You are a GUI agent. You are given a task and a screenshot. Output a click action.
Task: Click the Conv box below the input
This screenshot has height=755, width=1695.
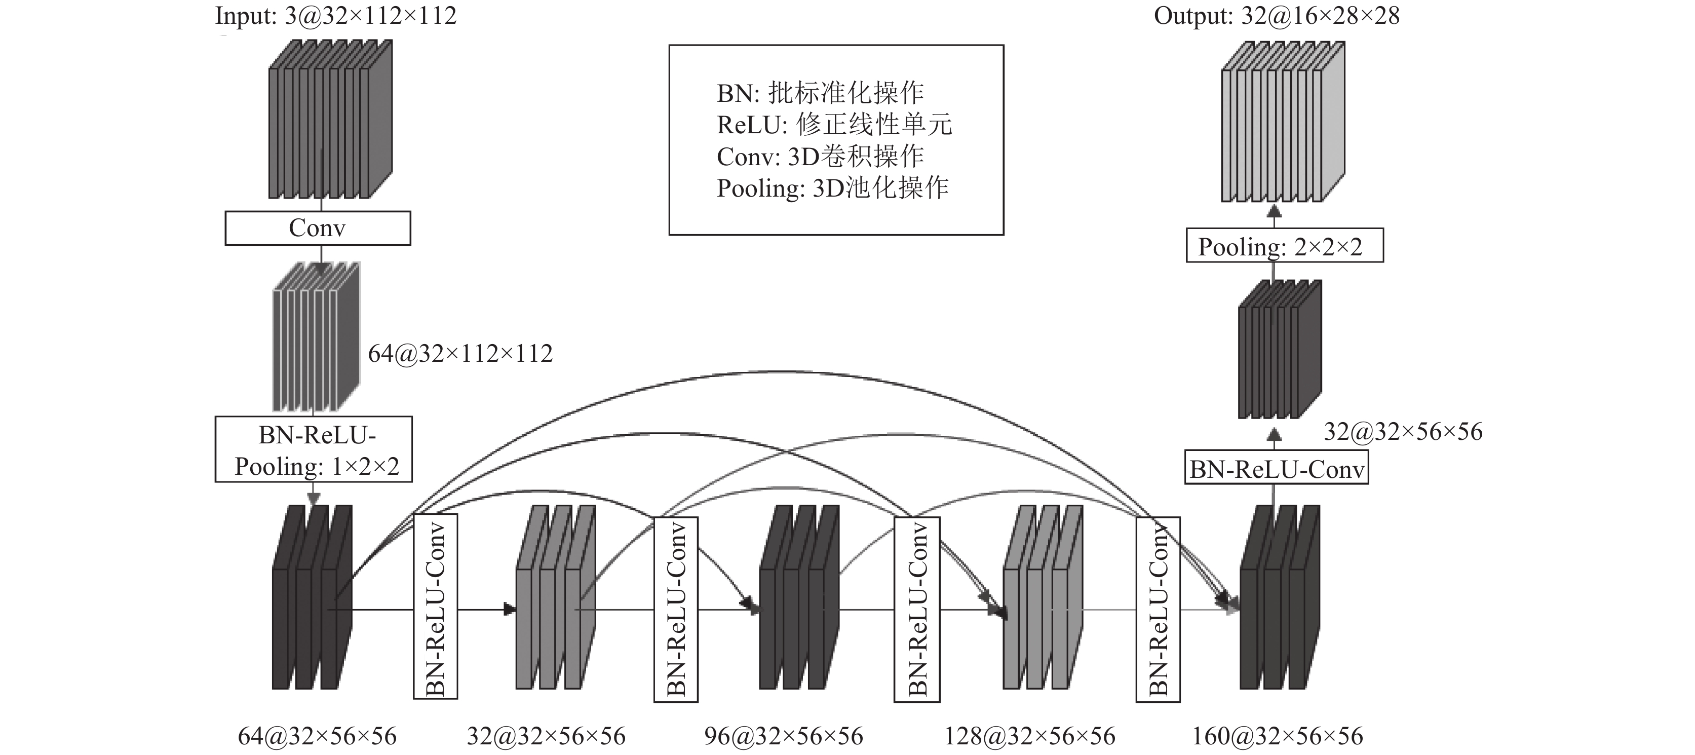click(318, 229)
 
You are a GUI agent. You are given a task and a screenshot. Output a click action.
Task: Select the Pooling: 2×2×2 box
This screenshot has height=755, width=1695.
click(1284, 246)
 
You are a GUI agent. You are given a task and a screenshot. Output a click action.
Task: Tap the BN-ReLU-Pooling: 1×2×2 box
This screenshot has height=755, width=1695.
click(314, 449)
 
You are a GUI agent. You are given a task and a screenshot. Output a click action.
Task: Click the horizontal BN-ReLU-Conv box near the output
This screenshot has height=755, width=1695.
click(1277, 467)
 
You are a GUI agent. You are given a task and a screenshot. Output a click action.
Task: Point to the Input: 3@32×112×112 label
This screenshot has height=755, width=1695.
click(335, 15)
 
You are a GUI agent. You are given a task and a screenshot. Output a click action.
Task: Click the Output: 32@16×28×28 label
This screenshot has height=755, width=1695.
click(1277, 15)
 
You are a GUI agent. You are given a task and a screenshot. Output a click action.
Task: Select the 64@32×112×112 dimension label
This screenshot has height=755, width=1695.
click(460, 354)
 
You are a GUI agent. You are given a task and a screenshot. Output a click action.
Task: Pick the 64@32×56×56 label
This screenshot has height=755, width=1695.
click(317, 736)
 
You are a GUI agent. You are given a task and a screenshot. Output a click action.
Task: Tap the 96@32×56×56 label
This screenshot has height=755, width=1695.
click(783, 736)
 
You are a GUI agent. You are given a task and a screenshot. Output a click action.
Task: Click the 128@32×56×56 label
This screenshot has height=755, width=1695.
click(1030, 736)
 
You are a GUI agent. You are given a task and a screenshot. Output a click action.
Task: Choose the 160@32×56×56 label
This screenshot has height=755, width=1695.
click(1278, 736)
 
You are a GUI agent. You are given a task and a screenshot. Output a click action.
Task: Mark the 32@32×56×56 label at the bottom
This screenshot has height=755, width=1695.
click(546, 736)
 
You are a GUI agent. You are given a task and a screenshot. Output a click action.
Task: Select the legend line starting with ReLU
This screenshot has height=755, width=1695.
click(834, 125)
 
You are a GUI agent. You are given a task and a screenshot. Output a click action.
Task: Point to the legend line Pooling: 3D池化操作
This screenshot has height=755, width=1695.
click(832, 188)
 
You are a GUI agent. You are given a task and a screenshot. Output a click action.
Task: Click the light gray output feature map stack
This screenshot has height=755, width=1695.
click(1283, 121)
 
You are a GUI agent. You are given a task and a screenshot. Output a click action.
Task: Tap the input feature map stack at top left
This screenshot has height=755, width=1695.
click(330, 119)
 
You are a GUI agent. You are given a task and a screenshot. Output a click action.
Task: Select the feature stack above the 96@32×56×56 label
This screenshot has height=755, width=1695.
click(799, 597)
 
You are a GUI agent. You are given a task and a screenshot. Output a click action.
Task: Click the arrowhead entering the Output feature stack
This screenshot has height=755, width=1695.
click(1275, 211)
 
